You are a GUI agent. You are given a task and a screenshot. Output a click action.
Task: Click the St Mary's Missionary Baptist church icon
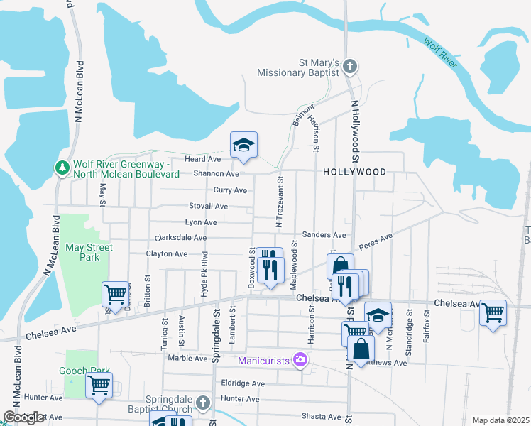[349, 66]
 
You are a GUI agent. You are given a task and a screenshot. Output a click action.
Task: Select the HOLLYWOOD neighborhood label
[354, 172]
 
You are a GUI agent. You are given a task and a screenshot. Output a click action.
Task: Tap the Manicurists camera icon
[300, 360]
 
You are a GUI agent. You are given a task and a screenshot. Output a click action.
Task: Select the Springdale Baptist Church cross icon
[202, 403]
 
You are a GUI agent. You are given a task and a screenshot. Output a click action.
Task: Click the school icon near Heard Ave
[243, 146]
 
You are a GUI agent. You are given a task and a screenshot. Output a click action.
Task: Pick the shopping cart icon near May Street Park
[115, 293]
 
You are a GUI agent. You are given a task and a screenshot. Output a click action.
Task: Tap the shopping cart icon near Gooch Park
[99, 385]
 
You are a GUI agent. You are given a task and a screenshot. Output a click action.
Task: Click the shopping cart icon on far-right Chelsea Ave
[493, 312]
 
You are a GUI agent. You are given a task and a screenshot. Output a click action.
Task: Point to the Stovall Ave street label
[207, 206]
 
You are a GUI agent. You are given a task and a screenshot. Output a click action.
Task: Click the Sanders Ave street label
[324, 234]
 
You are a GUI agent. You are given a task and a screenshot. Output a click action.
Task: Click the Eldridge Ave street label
[242, 383]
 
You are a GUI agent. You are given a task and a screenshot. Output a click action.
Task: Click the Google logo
[23, 417]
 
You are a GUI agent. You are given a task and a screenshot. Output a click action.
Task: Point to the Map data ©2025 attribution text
[500, 420]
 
